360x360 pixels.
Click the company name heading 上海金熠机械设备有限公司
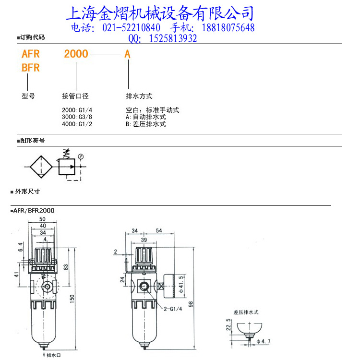pos(159,13)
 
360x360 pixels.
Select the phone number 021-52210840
pos(132,28)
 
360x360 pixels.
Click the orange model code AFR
pos(31,54)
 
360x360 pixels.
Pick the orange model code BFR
pos(31,68)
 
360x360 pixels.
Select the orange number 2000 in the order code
pos(76,54)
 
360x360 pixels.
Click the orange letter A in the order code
pos(128,54)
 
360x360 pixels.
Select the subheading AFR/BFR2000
pos(34,210)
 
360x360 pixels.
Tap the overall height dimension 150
pos(72,299)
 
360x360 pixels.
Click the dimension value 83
pos(66,267)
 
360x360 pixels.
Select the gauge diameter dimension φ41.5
pos(181,285)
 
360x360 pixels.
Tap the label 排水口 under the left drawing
pos(54,355)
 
